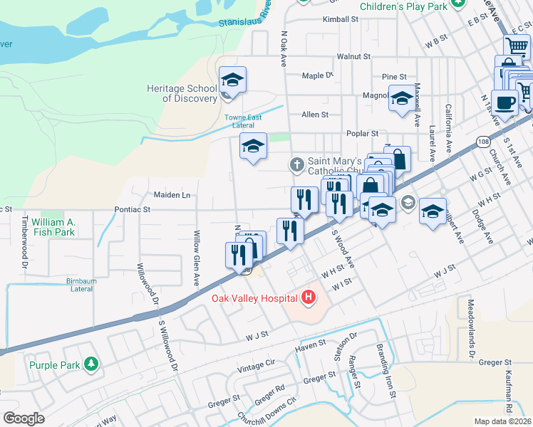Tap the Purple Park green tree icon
[x=90, y=365]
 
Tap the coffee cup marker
[x=504, y=102]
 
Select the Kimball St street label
[x=340, y=20]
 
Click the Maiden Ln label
[x=172, y=194]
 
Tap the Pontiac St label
[x=132, y=210]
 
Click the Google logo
[x=24, y=418]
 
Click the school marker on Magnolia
[x=402, y=98]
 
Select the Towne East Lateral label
[x=244, y=121]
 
